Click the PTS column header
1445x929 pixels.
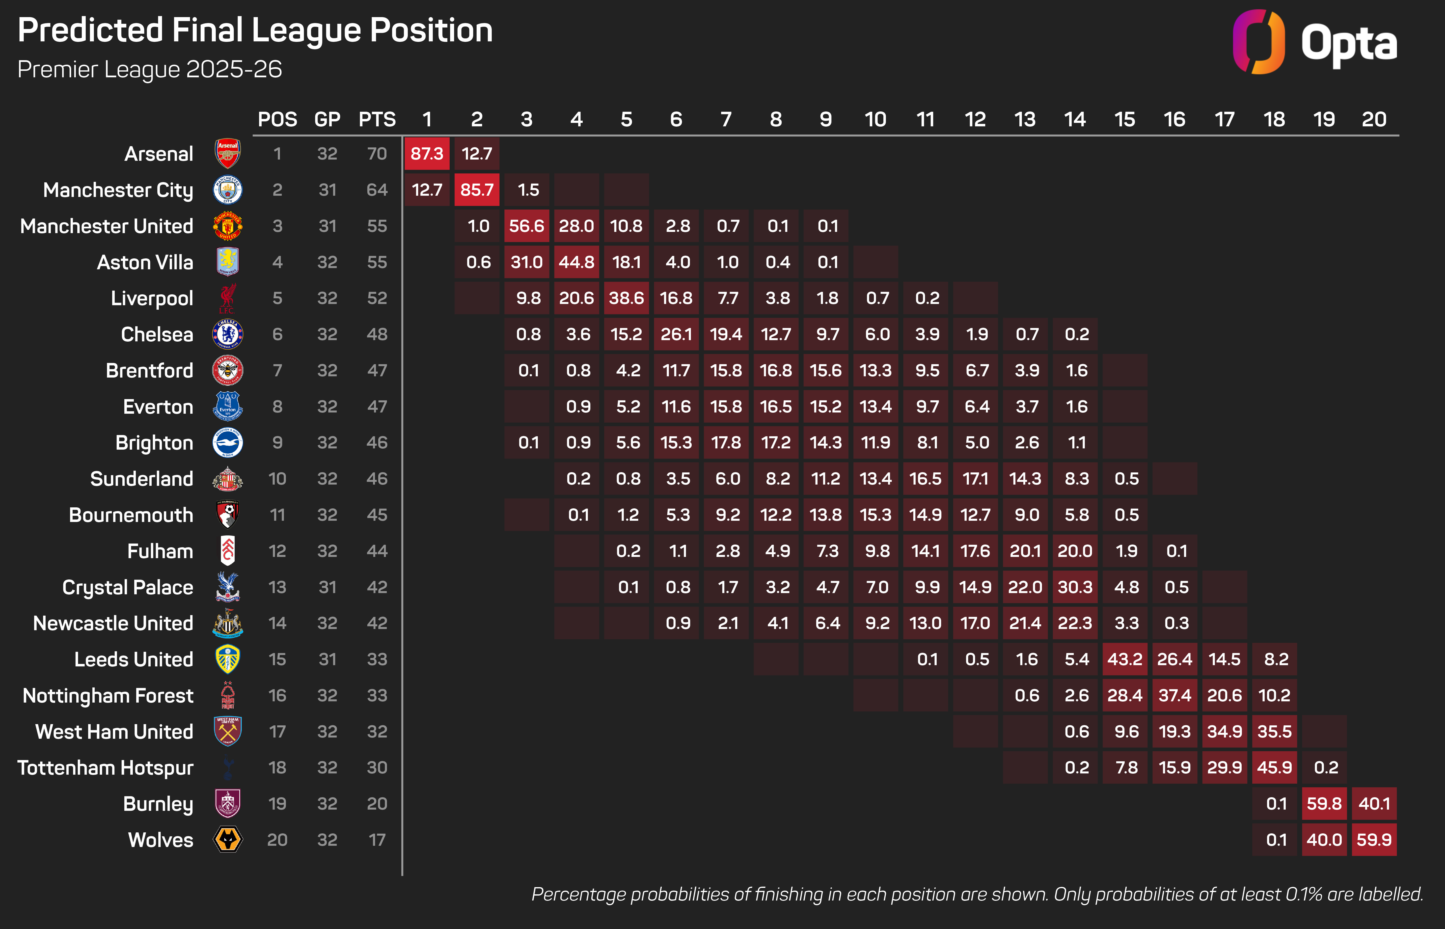click(377, 119)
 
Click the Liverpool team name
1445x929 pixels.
click(152, 298)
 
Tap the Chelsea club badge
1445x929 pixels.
click(228, 334)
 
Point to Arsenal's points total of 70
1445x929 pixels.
click(377, 154)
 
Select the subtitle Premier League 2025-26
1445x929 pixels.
click(150, 69)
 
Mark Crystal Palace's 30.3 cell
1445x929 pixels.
click(1075, 587)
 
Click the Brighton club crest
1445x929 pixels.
click(228, 443)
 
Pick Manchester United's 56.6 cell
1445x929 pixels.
click(526, 226)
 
